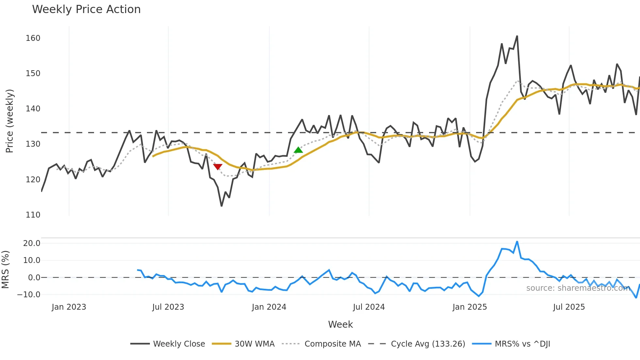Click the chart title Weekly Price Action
tap(86, 9)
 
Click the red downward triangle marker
tap(217, 167)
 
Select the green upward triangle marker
tap(298, 150)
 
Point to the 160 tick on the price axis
tap(33, 38)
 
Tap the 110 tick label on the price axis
tap(33, 215)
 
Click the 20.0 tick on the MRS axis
tap(32, 243)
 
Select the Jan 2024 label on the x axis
tap(269, 307)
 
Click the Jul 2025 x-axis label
tap(569, 307)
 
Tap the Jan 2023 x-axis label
tap(69, 307)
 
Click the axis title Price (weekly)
tap(9, 121)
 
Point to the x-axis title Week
tap(340, 324)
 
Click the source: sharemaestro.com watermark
tap(578, 288)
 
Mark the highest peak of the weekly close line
tap(517, 36)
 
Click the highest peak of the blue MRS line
tap(517, 242)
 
